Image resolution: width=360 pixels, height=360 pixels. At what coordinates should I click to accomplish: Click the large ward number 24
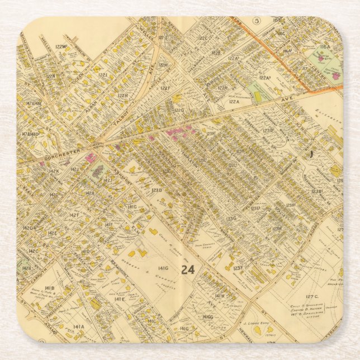tap(188, 269)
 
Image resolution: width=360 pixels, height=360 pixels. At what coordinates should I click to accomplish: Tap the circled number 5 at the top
tap(257, 21)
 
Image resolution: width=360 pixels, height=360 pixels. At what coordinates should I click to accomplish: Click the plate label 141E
tap(119, 299)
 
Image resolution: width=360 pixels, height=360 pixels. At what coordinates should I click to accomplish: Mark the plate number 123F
tap(238, 268)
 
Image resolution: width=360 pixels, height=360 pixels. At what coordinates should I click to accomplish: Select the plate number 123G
tap(231, 218)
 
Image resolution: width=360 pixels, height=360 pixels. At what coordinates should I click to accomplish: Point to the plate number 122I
tap(102, 74)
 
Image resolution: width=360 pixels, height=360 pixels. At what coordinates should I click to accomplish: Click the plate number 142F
tap(74, 215)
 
